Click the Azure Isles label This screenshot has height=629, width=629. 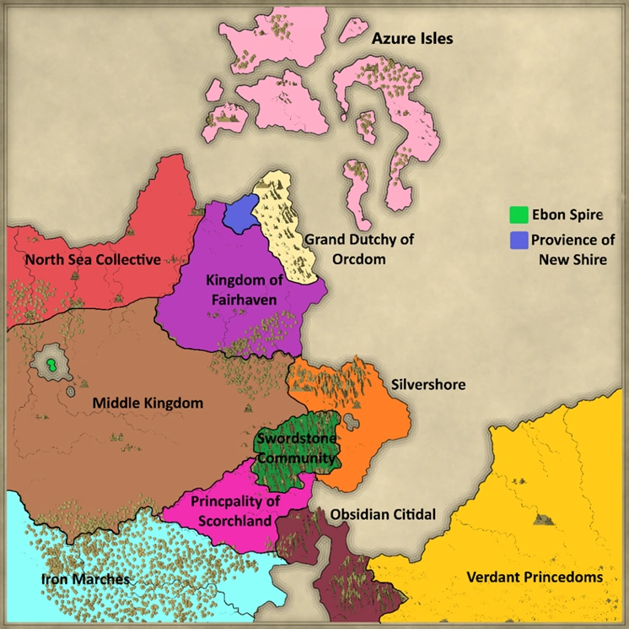point(412,39)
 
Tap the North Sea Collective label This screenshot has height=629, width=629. point(93,259)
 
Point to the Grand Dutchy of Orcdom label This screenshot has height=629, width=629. point(359,249)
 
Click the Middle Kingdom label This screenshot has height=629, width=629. point(148,403)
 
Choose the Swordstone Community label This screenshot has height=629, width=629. point(297,448)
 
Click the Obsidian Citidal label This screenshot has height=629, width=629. point(382,513)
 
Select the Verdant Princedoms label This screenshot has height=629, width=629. point(535,577)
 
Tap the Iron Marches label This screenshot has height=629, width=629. point(86,579)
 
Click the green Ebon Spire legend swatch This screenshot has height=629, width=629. point(519,214)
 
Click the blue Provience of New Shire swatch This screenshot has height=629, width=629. point(519,241)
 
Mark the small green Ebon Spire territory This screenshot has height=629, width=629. point(53,366)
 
